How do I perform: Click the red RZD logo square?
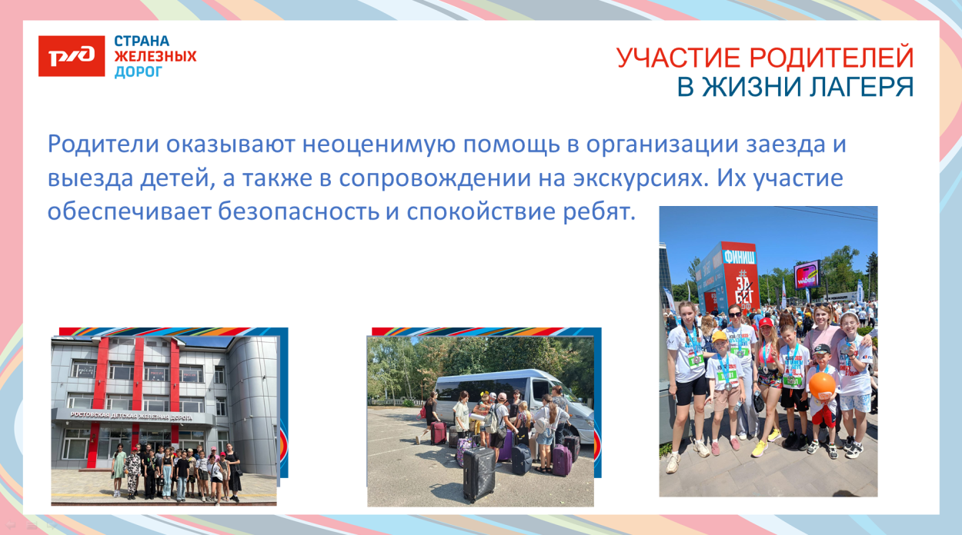coord(72,56)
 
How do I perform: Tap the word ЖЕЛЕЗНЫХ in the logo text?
coord(155,56)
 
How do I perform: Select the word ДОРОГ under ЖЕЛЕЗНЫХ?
coord(139,71)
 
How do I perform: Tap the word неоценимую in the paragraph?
coord(374,145)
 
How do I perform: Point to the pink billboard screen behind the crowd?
coord(807,274)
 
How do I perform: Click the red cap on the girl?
coord(767,324)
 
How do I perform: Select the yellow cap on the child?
coord(719,337)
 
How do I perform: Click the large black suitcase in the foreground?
coord(479,471)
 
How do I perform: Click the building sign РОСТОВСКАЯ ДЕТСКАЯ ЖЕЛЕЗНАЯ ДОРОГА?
coord(131,416)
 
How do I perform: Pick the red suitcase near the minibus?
coord(437,433)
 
